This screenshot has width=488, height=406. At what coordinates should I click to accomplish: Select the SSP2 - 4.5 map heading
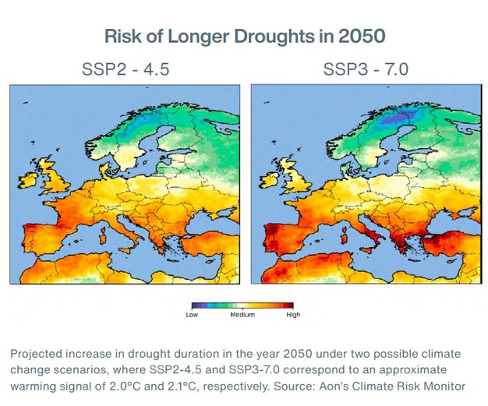(126, 71)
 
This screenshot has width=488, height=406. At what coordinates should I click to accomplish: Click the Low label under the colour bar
(192, 315)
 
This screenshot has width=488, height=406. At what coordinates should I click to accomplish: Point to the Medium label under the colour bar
(242, 315)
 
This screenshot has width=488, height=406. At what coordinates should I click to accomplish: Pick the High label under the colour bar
(293, 315)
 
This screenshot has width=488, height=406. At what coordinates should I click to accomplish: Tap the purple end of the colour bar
(195, 305)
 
